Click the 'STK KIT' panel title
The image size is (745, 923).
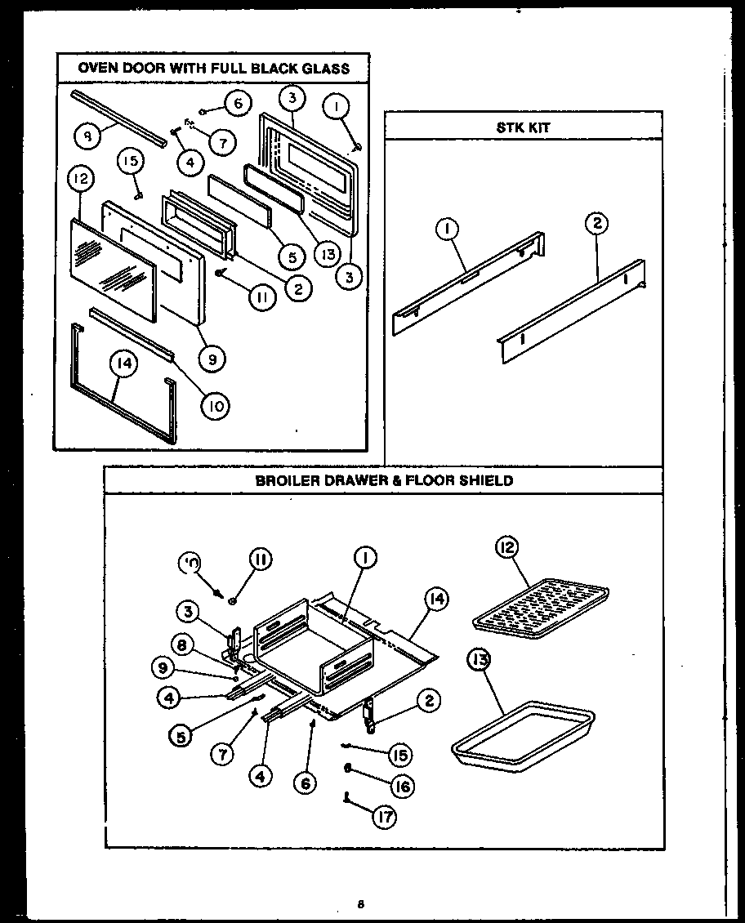coord(524,127)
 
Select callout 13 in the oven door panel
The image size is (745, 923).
coord(329,254)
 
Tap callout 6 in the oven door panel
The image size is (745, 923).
coord(237,104)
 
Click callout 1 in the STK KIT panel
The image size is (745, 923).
coord(447,230)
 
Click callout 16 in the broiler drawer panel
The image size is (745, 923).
coord(399,786)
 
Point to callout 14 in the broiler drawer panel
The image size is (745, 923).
coord(436,600)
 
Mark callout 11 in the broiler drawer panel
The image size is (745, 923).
coord(259,560)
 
